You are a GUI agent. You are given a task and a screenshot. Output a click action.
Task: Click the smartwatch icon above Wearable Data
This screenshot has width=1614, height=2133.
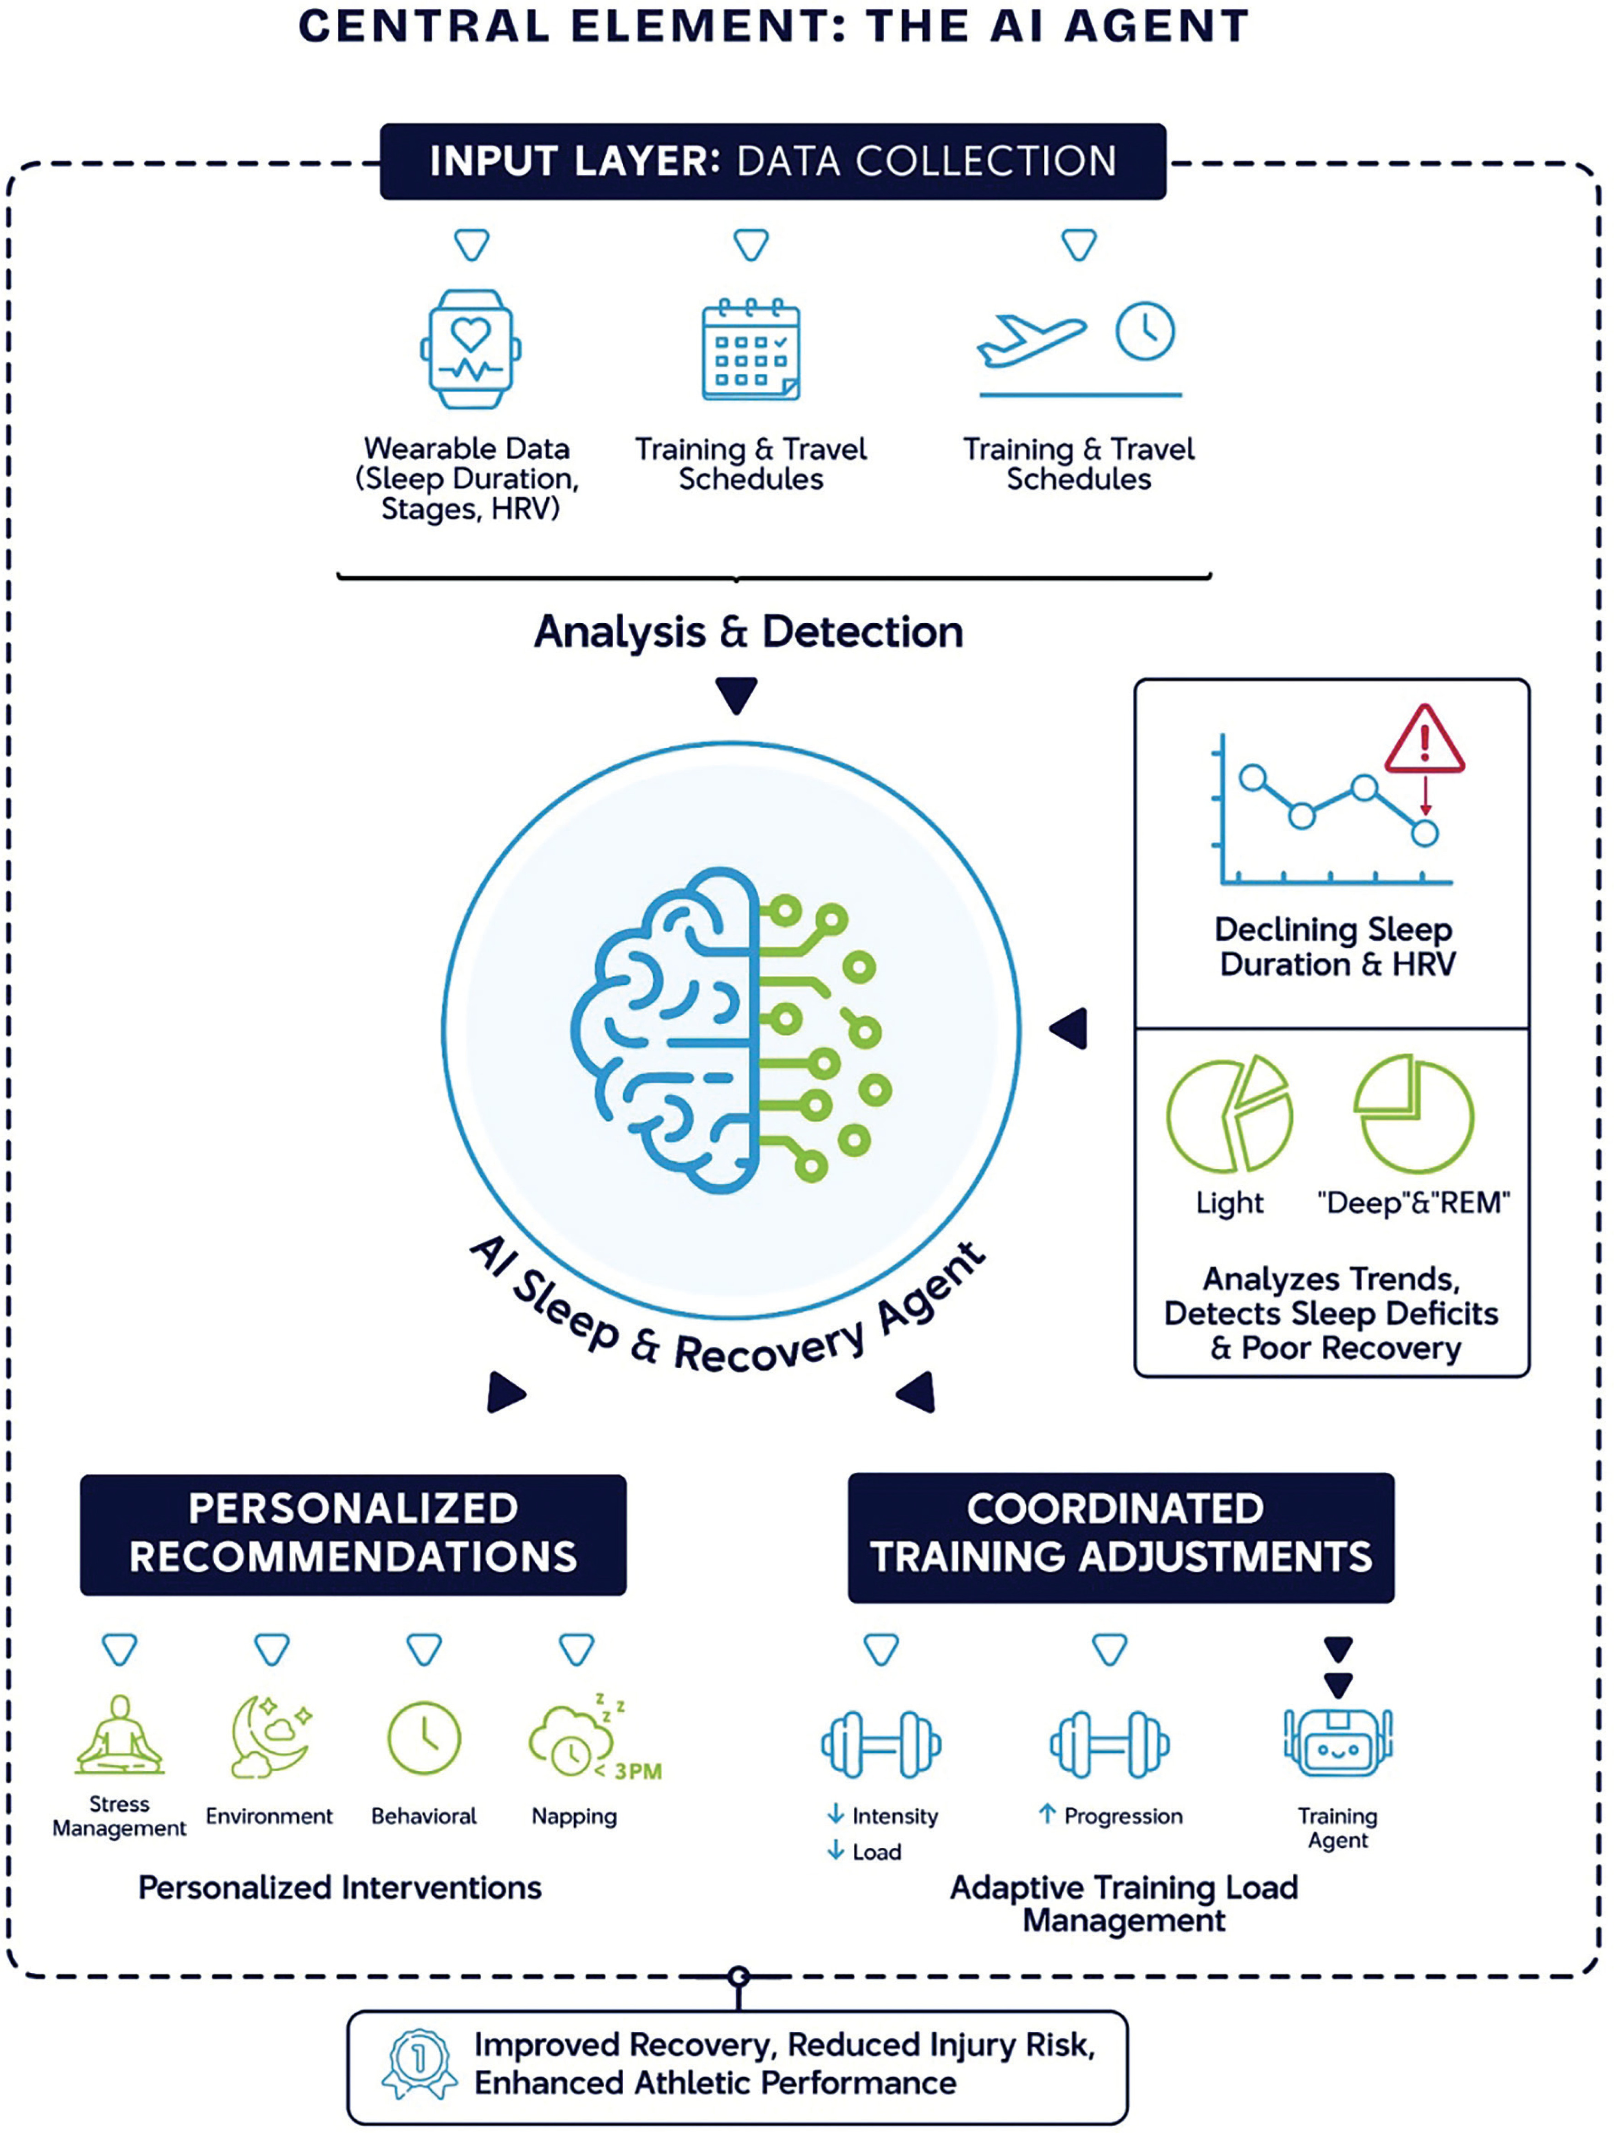[471, 349]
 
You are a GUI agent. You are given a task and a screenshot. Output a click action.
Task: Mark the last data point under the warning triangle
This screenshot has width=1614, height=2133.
[1424, 832]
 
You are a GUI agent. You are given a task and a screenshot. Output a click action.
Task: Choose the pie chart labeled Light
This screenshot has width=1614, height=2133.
[1229, 1112]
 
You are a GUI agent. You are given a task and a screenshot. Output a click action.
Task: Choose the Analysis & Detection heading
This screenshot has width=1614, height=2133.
[749, 631]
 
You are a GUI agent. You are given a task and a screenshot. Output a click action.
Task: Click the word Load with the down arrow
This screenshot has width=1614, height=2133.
[876, 1851]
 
